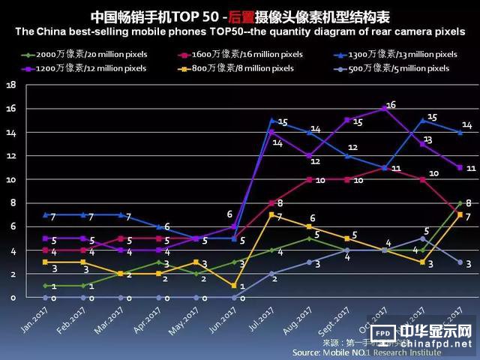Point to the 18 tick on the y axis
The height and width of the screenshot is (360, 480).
[10, 85]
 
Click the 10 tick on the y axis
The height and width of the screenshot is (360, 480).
[10, 179]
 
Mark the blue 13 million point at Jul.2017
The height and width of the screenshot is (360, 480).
[273, 120]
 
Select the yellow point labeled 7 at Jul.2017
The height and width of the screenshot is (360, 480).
[273, 215]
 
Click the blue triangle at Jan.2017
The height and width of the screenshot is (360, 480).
[44, 214]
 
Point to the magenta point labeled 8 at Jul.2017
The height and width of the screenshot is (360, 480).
[273, 203]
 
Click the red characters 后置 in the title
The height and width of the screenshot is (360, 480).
[244, 16]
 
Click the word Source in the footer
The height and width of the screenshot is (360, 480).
[307, 352]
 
